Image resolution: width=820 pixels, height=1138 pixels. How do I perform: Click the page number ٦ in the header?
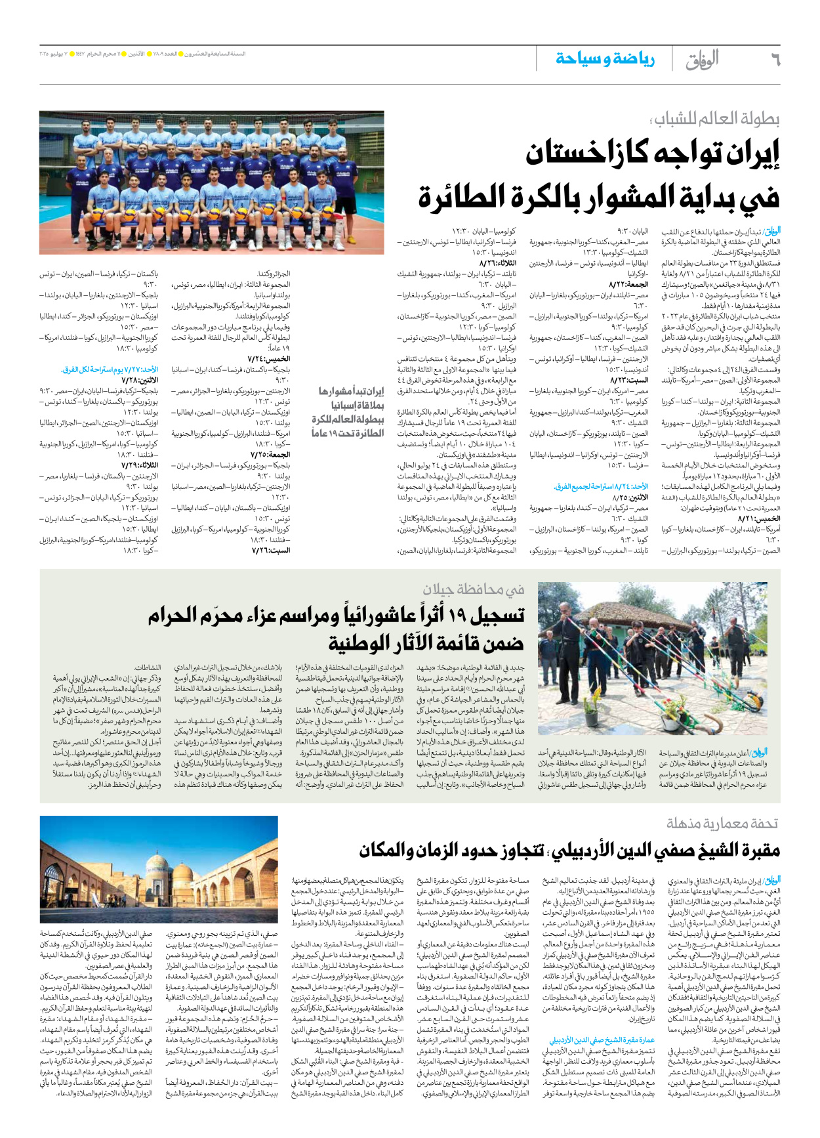[x=774, y=60]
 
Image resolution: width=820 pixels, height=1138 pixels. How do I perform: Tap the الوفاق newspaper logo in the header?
[x=701, y=60]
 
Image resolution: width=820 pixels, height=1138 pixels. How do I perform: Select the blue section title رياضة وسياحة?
[x=605, y=59]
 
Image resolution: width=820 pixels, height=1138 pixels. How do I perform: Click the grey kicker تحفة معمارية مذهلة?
[x=722, y=822]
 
